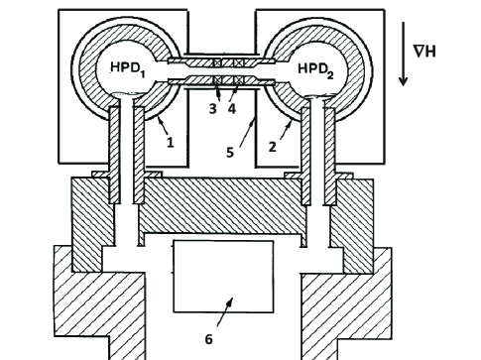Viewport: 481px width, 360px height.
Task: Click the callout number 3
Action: tap(212, 109)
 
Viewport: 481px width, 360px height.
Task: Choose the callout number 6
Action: tap(208, 339)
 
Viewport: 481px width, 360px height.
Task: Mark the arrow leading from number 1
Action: tap(159, 128)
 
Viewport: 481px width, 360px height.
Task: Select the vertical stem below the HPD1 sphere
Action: tap(126, 149)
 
